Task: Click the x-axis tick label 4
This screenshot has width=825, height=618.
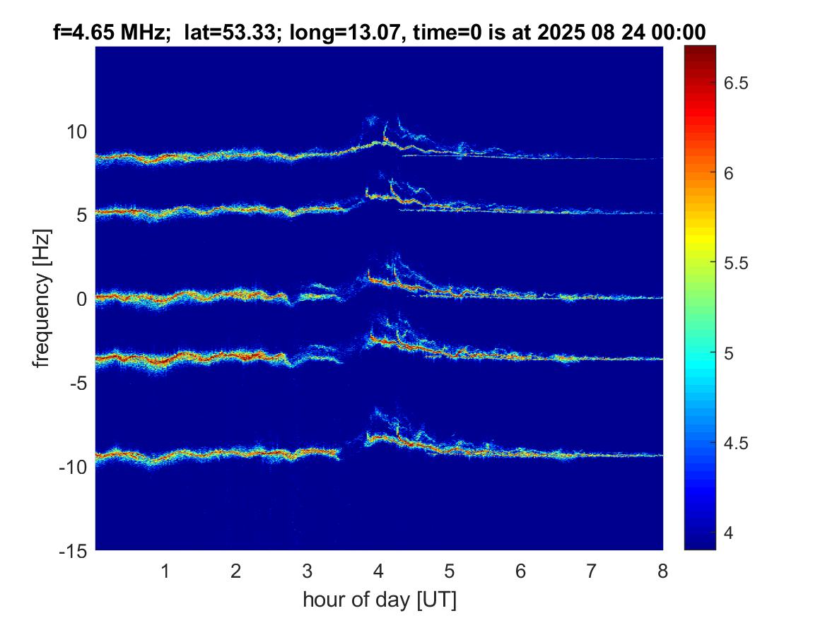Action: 378,571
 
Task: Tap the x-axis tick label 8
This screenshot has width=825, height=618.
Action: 662,571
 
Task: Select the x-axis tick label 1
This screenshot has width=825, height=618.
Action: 165,571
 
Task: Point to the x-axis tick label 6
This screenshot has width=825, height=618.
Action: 520,571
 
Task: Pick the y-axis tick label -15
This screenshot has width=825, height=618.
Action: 72,550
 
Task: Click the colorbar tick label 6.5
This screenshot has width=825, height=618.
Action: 737,83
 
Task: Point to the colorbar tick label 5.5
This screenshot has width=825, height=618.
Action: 737,263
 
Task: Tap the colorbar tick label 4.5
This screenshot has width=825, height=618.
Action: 737,444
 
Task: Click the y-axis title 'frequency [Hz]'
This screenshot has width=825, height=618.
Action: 43,298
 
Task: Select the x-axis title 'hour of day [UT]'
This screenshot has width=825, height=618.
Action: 379,600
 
